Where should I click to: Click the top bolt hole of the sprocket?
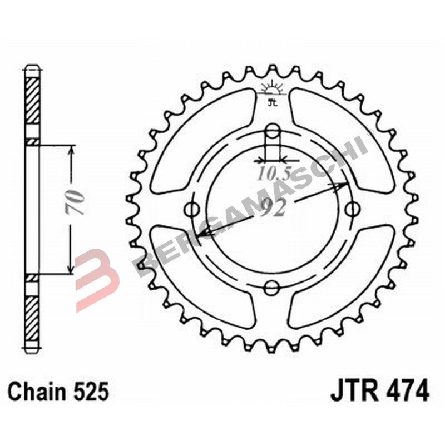tap(273, 131)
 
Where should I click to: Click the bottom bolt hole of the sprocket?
tap(273, 287)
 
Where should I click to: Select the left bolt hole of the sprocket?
tap(194, 210)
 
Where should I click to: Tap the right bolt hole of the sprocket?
tap(352, 210)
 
